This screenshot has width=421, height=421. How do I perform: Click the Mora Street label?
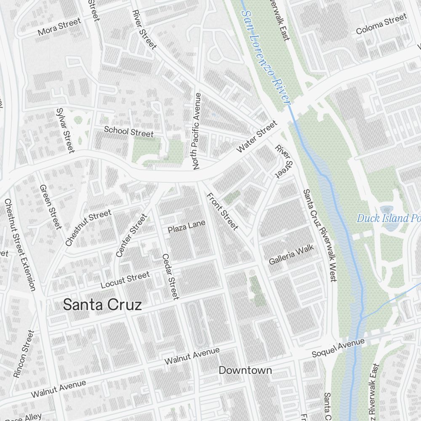(x=59, y=27)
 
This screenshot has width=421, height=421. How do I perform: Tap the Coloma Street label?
(x=381, y=24)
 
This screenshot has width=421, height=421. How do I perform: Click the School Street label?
(x=129, y=131)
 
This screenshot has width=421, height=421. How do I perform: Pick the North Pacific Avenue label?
(x=196, y=131)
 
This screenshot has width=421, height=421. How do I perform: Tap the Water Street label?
(x=257, y=136)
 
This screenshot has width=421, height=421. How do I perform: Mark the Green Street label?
(x=51, y=206)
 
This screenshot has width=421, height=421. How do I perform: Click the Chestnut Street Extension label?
(x=20, y=245)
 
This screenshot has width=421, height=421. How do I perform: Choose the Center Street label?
(x=132, y=235)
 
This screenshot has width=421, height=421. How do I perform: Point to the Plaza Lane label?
(x=187, y=226)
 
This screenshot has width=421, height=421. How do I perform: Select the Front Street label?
(x=222, y=212)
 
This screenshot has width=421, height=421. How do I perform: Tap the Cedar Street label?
(x=171, y=276)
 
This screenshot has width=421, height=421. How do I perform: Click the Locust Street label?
(x=125, y=280)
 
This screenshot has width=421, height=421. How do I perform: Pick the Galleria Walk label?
(x=291, y=255)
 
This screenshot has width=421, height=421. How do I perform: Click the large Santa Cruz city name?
(x=102, y=305)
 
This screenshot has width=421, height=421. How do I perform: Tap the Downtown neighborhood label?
(x=245, y=370)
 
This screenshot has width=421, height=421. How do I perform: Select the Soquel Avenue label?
(x=338, y=348)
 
